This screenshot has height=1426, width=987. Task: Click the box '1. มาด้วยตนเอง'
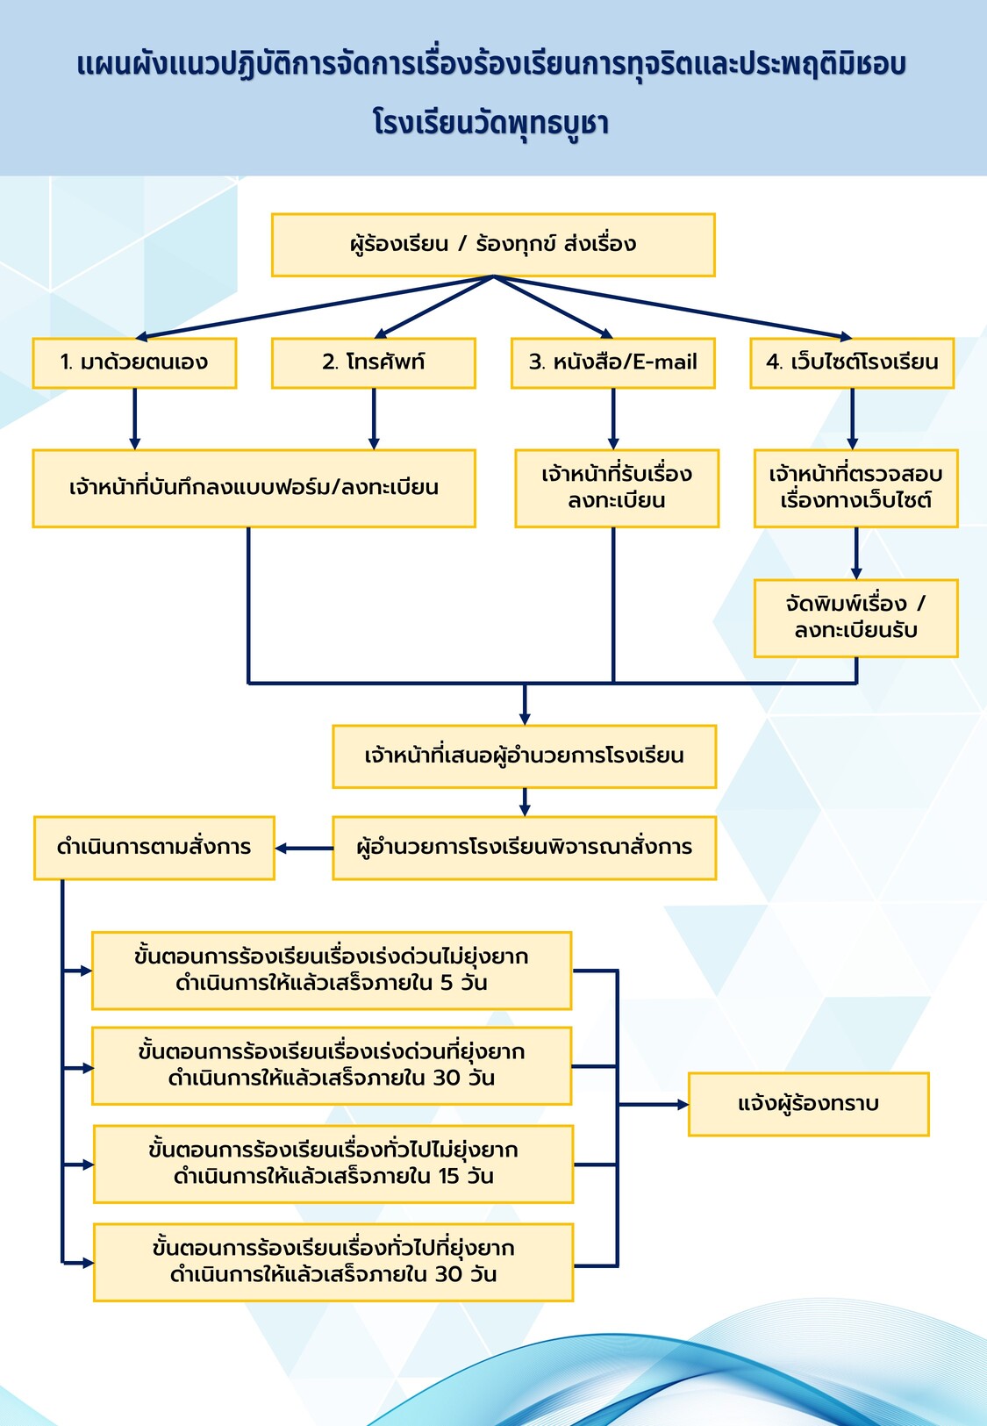click(x=134, y=363)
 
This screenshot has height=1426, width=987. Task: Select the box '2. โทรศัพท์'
click(x=374, y=363)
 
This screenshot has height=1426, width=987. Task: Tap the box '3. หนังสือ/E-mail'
click(x=613, y=363)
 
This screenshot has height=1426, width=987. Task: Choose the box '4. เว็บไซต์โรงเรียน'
click(x=852, y=363)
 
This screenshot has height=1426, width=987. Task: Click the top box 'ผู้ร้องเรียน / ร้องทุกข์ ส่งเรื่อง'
click(x=493, y=245)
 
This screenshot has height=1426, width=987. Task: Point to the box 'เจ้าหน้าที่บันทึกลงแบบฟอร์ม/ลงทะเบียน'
click(x=254, y=488)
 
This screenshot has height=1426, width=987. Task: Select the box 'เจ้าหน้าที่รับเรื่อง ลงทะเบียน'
click(x=617, y=488)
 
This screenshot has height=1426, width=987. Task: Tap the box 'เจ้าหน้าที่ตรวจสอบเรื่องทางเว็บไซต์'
click(x=856, y=488)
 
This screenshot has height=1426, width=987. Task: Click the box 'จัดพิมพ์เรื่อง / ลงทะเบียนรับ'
click(x=856, y=618)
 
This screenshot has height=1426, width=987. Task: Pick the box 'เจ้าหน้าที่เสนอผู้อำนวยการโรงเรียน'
click(x=525, y=756)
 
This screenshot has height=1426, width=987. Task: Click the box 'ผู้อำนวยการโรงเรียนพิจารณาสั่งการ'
click(x=525, y=848)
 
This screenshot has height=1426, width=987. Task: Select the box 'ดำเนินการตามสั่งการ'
click(x=154, y=848)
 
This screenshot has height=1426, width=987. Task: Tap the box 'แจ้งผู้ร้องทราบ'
click(x=809, y=1104)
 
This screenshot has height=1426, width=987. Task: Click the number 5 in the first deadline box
click(x=447, y=983)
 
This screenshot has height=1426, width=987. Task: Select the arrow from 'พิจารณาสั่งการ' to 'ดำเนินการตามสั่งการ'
click(x=304, y=849)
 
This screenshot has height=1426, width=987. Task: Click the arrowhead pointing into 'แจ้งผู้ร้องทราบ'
click(x=683, y=1105)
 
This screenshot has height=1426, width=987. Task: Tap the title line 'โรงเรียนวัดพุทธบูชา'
click(x=491, y=123)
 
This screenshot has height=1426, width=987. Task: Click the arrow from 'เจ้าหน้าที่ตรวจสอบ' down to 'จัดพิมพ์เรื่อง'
click(x=856, y=553)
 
